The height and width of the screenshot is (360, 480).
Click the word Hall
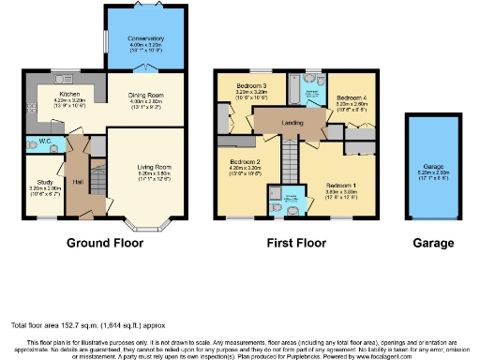point(79,180)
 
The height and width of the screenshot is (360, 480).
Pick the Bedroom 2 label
point(246,162)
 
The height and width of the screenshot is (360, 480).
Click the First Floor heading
point(295,243)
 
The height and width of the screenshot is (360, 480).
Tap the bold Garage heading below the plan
point(434,243)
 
